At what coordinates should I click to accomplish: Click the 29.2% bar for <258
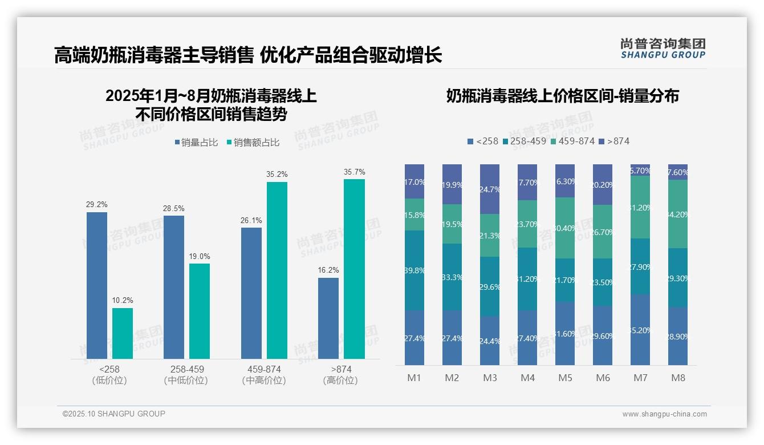(x=97, y=285)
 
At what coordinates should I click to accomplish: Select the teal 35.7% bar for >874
(x=354, y=269)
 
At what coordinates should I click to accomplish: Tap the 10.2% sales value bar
(x=123, y=334)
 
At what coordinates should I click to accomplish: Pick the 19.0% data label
(x=200, y=257)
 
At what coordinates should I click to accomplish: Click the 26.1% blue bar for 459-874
(x=251, y=293)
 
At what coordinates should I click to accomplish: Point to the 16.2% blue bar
(x=328, y=318)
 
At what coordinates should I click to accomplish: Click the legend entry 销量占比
(x=196, y=143)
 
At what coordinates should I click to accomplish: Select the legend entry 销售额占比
(x=253, y=143)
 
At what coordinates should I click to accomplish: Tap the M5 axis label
(x=565, y=378)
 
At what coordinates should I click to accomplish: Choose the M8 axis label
(x=678, y=378)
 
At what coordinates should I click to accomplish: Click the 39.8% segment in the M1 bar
(x=414, y=270)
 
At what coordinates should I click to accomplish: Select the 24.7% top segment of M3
(x=490, y=189)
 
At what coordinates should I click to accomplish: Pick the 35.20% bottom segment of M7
(x=640, y=330)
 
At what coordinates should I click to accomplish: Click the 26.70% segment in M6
(x=603, y=232)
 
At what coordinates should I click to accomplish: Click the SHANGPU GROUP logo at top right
(x=663, y=48)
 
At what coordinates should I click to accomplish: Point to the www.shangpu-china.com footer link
(x=664, y=414)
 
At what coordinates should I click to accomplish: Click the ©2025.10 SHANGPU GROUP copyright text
(x=114, y=414)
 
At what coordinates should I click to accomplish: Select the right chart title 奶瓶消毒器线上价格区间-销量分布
(x=562, y=96)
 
